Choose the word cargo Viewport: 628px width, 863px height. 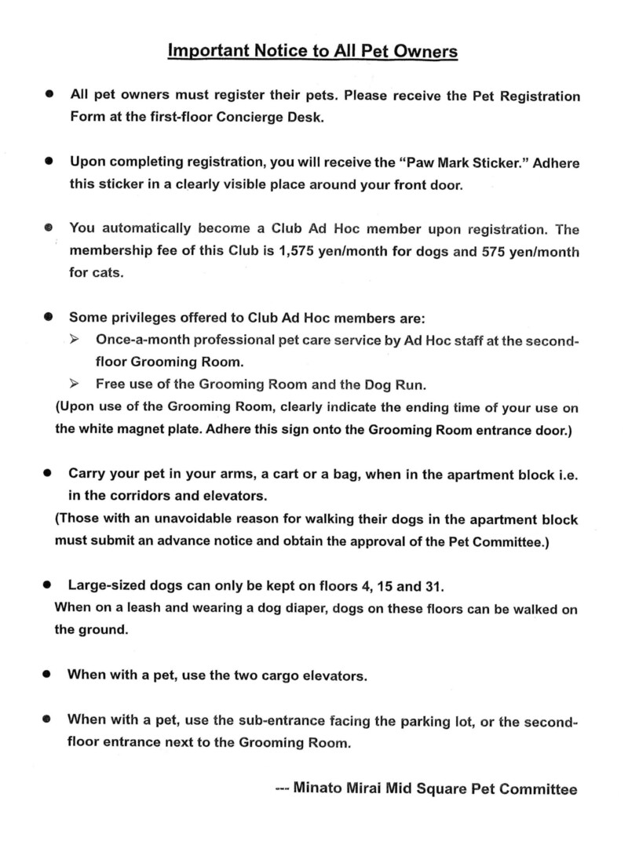pos(276,675)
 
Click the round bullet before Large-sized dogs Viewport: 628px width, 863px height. pos(49,585)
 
